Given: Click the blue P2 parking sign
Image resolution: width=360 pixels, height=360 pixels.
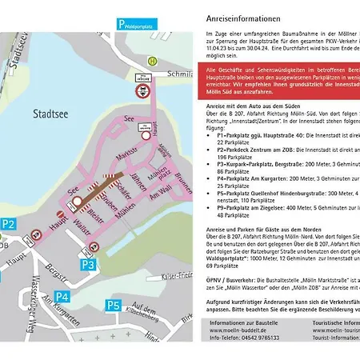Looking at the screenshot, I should [x=8, y=226].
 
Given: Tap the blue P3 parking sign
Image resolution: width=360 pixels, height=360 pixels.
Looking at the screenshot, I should [x=89, y=264].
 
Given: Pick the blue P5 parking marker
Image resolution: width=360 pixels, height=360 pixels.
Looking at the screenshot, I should [x=114, y=305].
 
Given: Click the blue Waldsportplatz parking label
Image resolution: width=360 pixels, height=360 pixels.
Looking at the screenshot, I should [x=143, y=24].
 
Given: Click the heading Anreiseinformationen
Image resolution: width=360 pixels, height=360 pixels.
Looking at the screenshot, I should [x=242, y=17].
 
